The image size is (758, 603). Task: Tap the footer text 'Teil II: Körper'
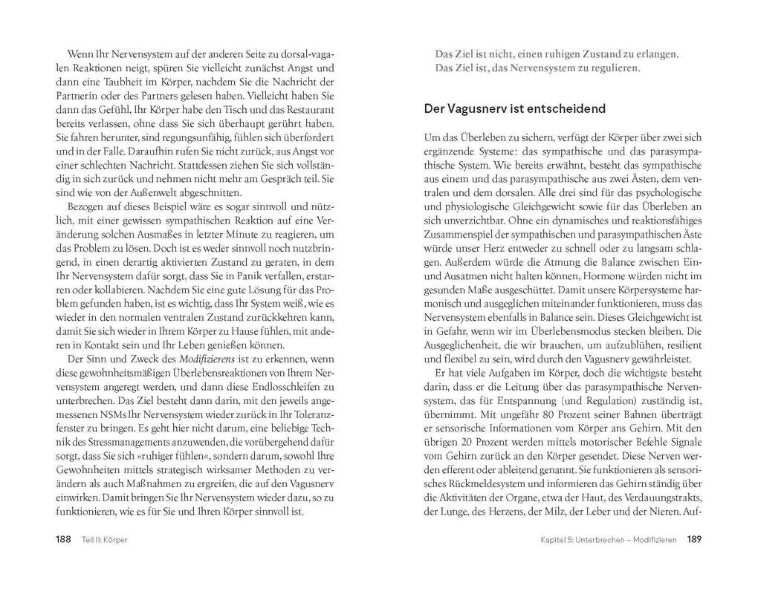coord(101,539)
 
